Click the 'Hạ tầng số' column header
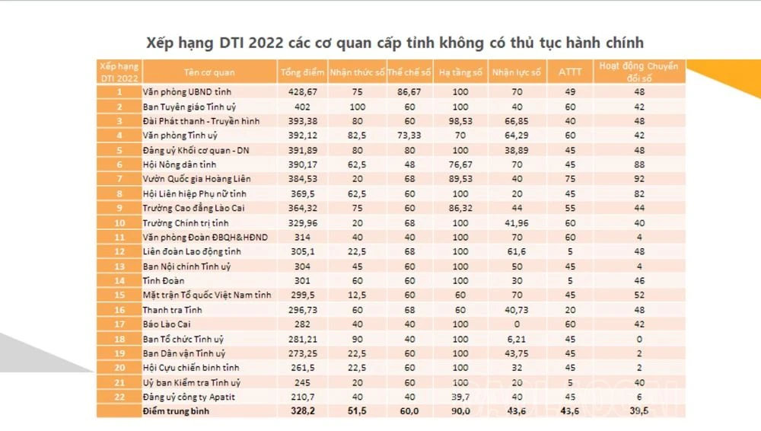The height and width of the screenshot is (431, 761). (462, 72)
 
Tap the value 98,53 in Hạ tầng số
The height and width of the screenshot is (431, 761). (462, 121)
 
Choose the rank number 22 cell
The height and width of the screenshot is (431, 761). (119, 397)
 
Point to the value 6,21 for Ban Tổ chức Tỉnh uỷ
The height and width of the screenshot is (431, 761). (517, 339)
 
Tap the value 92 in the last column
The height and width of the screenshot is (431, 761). (639, 179)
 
